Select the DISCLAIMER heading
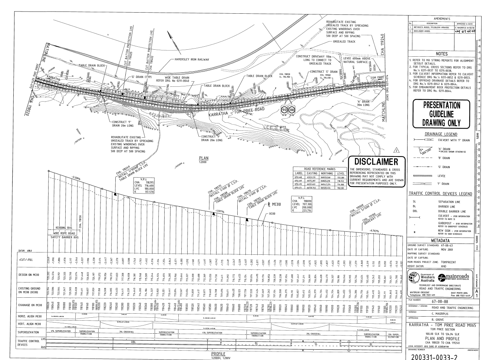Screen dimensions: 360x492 [376, 162]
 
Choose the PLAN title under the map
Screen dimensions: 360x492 [203, 158]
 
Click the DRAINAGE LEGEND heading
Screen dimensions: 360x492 [441, 134]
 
